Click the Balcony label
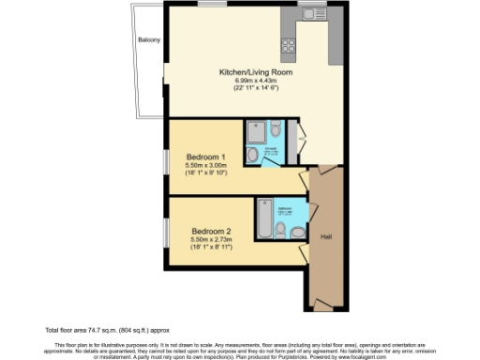click(149, 40)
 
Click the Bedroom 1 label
click(205, 156)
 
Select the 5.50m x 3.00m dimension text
click(205, 165)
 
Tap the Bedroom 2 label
click(211, 232)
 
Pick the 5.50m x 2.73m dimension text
click(211, 241)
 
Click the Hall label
click(325, 235)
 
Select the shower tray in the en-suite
click(256, 131)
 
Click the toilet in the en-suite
click(254, 155)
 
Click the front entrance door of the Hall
click(322, 307)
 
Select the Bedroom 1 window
click(165, 157)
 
